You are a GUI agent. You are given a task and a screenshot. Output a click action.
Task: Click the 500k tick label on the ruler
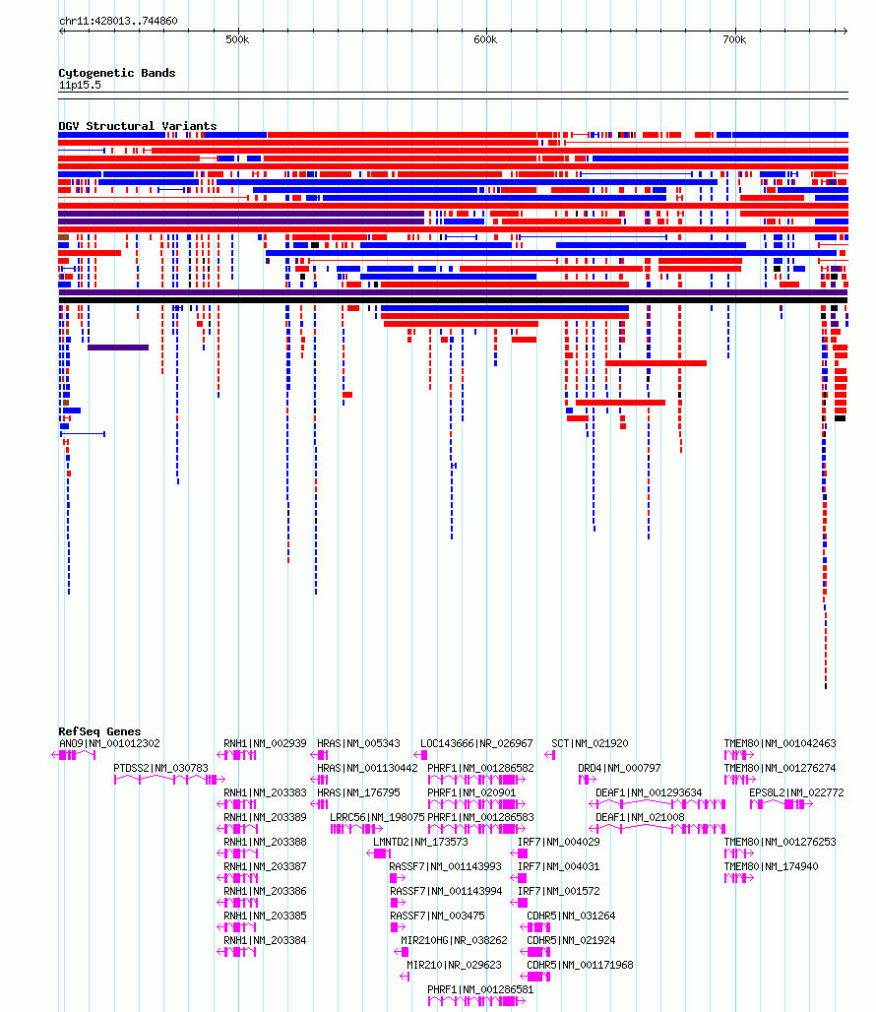tap(237, 40)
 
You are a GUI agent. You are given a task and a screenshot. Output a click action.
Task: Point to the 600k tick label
tap(485, 40)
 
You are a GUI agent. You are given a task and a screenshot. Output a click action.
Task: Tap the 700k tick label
tap(734, 40)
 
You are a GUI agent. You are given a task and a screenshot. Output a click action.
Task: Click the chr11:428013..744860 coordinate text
tap(118, 21)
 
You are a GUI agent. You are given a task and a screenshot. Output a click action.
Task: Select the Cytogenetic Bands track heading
tap(117, 73)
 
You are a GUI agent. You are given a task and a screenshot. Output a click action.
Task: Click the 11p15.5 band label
tap(80, 86)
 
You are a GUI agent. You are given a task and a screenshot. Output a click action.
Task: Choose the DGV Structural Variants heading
tap(138, 126)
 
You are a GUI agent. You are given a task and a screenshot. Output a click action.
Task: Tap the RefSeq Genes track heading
tap(99, 731)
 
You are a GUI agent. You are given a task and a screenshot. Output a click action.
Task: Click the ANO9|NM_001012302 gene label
tap(109, 743)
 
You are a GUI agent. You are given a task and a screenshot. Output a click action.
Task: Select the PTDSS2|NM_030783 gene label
tap(160, 768)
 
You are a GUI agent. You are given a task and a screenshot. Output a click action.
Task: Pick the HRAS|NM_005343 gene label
tap(358, 743)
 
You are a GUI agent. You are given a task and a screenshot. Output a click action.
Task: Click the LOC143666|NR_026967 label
tap(476, 743)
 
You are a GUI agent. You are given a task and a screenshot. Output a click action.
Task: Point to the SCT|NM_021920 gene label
tap(590, 743)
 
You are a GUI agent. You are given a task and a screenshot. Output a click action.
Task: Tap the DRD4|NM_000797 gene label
tap(619, 768)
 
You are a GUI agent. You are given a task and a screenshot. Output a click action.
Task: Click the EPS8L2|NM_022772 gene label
tap(796, 792)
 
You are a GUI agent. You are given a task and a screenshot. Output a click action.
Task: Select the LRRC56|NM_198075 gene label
tap(377, 817)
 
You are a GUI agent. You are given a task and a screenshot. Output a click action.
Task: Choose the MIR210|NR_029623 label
tap(454, 965)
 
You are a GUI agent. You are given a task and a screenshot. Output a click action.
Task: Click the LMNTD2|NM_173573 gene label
tap(420, 842)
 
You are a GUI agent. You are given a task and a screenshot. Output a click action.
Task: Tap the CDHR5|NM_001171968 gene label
tap(580, 965)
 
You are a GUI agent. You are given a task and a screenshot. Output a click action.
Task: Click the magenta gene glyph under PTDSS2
tap(169, 780)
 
